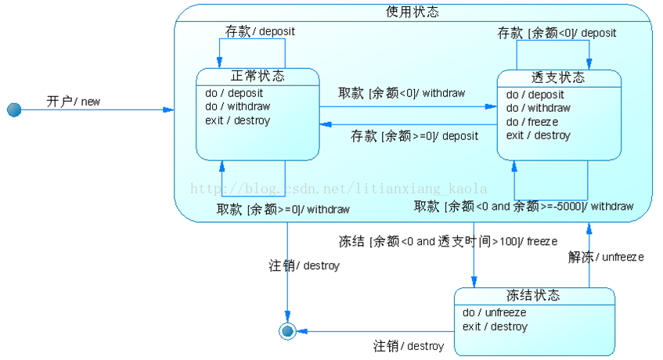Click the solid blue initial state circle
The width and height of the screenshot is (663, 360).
(14, 110)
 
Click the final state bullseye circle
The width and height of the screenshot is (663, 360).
(287, 331)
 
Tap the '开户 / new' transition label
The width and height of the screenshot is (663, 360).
(73, 101)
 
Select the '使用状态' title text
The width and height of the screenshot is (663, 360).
(413, 12)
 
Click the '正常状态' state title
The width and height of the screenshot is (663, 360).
(258, 76)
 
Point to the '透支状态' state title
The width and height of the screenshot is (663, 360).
(558, 78)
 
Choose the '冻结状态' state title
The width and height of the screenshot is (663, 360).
(533, 295)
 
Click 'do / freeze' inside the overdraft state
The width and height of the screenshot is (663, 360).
(532, 121)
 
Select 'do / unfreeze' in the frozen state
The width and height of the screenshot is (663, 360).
(494, 312)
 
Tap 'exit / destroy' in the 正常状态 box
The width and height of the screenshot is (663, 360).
(237, 121)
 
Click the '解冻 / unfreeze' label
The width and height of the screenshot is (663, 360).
(605, 256)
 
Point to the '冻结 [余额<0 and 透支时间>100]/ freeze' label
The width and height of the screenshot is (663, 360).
(448, 241)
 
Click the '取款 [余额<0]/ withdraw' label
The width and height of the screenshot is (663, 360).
(402, 93)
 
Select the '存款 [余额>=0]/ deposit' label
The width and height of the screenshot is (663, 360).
(414, 135)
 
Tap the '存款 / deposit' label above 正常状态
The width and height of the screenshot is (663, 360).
(260, 31)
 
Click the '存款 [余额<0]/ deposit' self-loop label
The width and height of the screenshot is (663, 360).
(557, 33)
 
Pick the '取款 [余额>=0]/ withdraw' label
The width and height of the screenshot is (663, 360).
(283, 209)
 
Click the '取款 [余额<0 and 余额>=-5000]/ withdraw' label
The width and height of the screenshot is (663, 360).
(524, 207)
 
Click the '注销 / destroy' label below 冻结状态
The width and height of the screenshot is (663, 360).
(409, 345)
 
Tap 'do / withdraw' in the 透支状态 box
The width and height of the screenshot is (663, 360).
(538, 108)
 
